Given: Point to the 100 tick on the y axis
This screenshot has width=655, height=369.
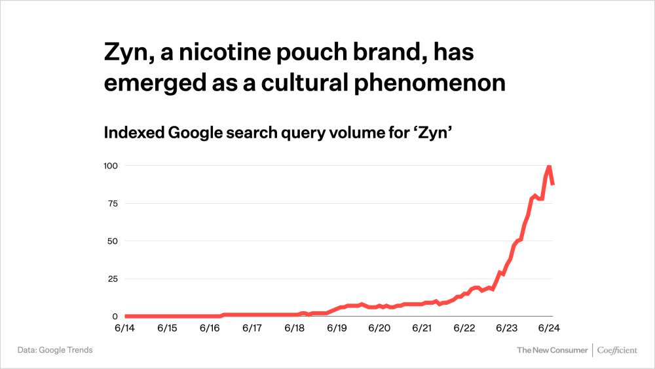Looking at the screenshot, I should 110,166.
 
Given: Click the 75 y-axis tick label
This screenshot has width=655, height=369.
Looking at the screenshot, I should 112,203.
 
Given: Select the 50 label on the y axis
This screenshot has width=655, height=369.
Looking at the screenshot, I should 112,241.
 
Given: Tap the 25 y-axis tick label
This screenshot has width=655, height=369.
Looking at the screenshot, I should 112,279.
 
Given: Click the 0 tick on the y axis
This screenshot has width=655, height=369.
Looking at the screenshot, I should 115,317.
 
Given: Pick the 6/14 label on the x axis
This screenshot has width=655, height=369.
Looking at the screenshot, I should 124,328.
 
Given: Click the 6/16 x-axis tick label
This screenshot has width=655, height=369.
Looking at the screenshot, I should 210,328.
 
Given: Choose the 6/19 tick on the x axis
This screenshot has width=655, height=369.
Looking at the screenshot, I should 337,328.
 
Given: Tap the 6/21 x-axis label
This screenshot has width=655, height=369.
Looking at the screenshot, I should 422,328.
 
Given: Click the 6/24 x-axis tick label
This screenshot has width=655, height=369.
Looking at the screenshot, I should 549,328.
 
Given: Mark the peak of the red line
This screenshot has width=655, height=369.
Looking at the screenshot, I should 549,166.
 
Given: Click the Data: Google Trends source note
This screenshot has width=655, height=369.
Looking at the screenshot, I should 55,350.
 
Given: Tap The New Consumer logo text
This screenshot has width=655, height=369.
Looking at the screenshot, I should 552,350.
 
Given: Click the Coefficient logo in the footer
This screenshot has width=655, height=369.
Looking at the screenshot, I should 617,350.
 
